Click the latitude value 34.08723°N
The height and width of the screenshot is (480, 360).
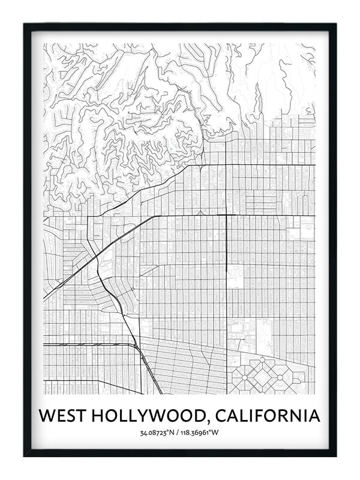click(x=158, y=433)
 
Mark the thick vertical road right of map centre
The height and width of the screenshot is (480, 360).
click(x=226, y=270)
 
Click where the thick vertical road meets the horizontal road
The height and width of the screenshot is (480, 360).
click(x=226, y=215)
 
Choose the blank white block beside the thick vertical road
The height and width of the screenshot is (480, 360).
click(x=235, y=277)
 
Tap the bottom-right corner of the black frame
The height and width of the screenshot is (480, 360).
click(x=335, y=455)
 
